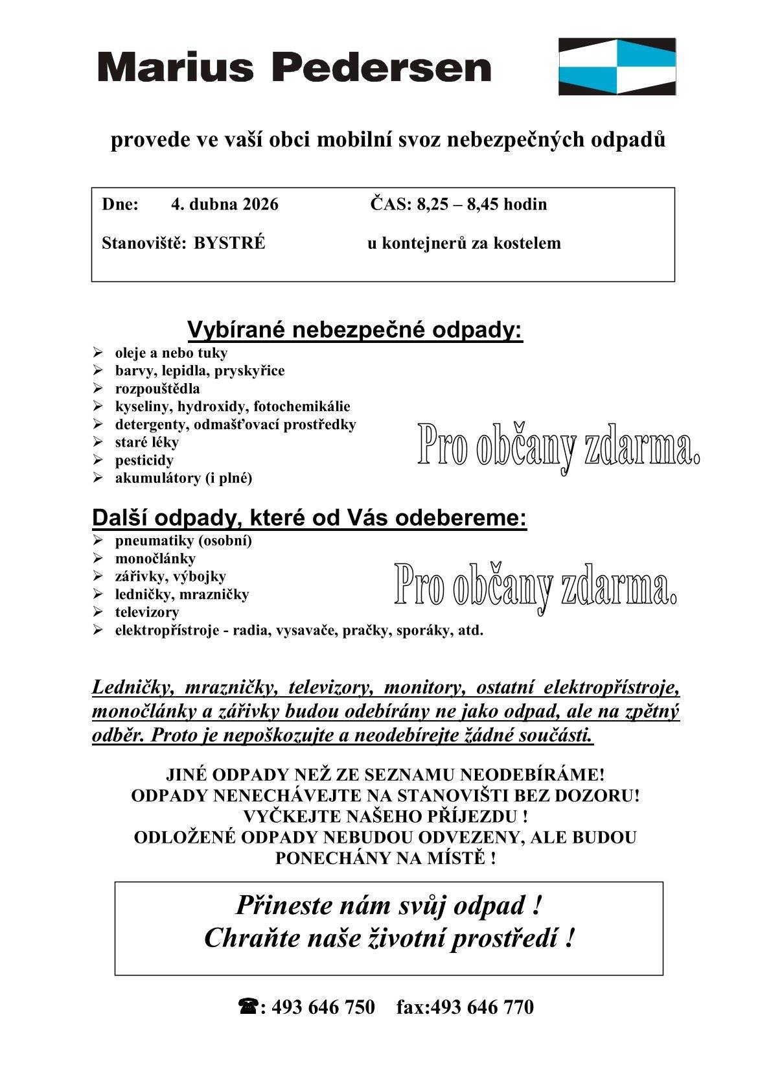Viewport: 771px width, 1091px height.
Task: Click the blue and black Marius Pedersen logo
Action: pos(617,66)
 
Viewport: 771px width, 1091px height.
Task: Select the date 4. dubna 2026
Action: pos(224,205)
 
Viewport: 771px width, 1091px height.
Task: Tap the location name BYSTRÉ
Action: pos(229,244)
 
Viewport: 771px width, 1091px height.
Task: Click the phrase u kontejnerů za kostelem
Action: pos(464,244)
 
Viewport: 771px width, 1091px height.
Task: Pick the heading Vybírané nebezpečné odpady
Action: pos(355,330)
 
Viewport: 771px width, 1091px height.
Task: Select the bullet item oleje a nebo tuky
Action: pos(171,353)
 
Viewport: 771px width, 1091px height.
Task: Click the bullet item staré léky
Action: pos(147,442)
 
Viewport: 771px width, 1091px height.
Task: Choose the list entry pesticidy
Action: pos(144,460)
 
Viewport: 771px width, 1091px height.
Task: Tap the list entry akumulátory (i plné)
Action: pos(183,478)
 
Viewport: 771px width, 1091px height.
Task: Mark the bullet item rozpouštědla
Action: pos(157,389)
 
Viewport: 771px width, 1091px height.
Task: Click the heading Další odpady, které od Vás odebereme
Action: pos(309,518)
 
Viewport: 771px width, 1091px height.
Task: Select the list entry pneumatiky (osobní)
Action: pos(183,541)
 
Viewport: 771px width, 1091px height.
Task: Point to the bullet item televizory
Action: pos(147,612)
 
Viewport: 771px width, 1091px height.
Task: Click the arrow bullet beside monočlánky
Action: pos(98,558)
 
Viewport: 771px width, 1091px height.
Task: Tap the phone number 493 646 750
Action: pos(323,1007)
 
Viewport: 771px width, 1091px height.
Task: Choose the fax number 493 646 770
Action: pos(482,1007)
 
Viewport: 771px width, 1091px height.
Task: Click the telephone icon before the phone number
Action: pos(248,1007)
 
